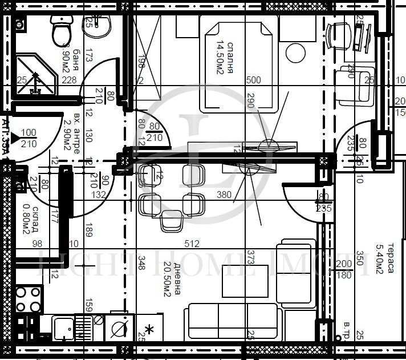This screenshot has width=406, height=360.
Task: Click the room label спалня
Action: pos(230,58)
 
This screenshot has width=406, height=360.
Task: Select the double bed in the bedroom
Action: pos(238,63)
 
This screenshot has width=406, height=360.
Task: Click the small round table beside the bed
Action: pos(296,53)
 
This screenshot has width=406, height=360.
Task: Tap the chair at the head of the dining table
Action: pos(170,221)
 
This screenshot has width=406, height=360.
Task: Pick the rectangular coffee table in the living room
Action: pos(245,281)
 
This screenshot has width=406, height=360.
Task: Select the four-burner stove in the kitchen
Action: pos(28,300)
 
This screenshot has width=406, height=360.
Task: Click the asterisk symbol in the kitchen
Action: pos(150,329)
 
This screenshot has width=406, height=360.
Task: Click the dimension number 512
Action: pos(192,244)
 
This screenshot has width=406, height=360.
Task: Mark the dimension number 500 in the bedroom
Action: pos(253,80)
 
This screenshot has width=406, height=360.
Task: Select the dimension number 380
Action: pos(224,195)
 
